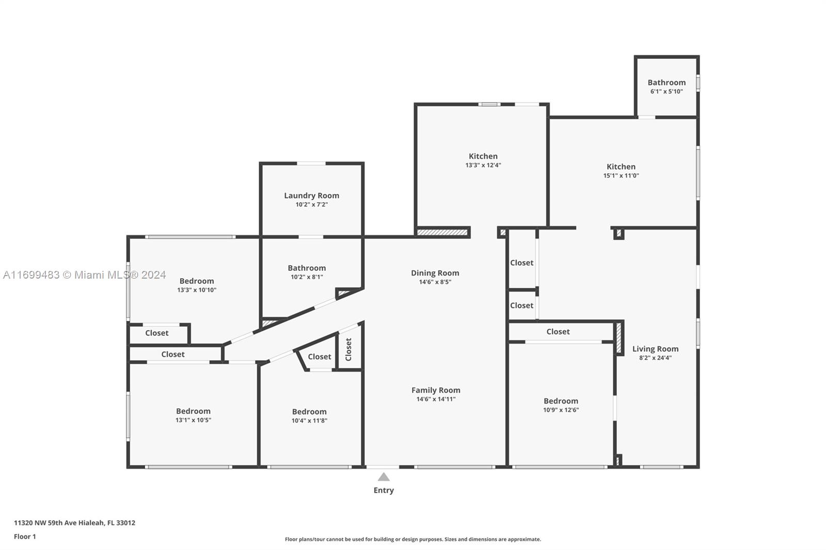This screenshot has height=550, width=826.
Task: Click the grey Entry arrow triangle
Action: [384, 477]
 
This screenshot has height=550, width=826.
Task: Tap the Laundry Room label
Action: [312, 196]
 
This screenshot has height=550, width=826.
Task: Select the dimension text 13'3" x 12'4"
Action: [483, 165]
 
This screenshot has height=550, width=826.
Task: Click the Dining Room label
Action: [435, 273]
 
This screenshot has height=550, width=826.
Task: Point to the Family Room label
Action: [436, 390]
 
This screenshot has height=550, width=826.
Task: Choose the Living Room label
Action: [655, 349]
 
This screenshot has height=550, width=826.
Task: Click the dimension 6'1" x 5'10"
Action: [666, 91]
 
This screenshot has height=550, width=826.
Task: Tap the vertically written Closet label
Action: [348, 349]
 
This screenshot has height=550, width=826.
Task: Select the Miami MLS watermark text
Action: [85, 275]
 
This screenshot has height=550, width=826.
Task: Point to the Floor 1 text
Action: [25, 537]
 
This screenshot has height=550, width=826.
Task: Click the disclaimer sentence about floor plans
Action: [413, 539]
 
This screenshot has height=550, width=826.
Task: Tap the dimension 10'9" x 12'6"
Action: [561, 410]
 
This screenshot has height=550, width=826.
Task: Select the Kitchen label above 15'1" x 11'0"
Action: [621, 167]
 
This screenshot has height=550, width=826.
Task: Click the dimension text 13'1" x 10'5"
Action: [193, 420]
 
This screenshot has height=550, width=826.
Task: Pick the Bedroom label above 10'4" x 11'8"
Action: [309, 412]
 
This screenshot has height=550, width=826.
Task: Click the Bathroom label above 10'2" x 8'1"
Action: [307, 268]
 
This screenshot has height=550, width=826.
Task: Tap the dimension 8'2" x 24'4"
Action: [655, 358]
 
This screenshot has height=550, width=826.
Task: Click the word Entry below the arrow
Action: [384, 490]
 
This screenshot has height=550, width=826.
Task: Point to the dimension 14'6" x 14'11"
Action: [436, 399]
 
